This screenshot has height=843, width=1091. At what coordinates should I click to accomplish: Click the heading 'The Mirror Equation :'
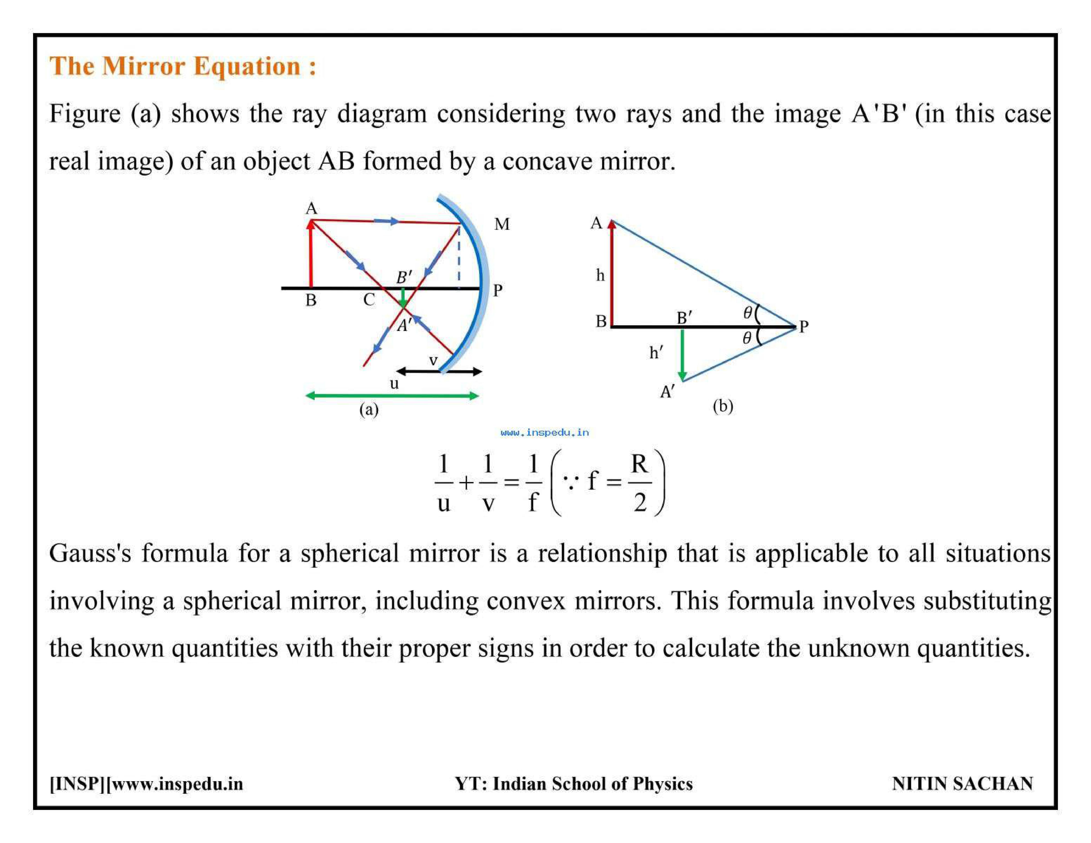coord(183,66)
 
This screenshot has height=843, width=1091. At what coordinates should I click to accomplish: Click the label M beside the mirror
coord(501,224)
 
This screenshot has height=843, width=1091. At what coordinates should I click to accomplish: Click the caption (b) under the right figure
coord(722,406)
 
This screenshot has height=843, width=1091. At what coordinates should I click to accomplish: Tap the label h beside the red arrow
coord(600,275)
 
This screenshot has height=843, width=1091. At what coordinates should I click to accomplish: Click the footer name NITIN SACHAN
coord(962,783)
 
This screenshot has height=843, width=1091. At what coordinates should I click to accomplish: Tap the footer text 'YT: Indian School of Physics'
coord(573,783)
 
